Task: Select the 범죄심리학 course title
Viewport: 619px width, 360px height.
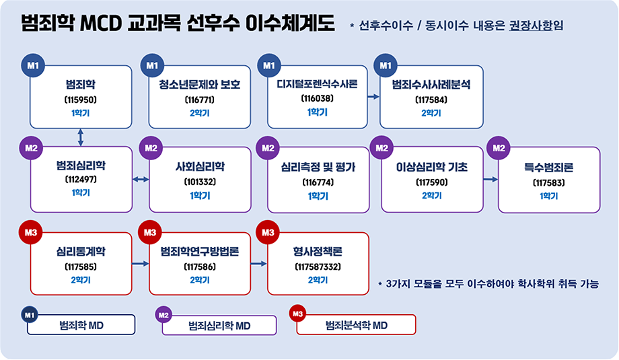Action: coord(81,165)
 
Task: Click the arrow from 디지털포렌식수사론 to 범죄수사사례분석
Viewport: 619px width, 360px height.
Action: coord(373,97)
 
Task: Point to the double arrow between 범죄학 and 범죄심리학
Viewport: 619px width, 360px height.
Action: coord(81,137)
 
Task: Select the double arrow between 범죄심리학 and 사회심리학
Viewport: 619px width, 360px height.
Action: coord(141,180)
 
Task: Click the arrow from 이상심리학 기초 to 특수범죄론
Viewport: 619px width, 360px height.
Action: coord(490,180)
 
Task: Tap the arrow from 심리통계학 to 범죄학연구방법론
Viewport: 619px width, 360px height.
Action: coord(141,263)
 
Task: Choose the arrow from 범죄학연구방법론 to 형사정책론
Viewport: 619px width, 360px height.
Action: coord(258,263)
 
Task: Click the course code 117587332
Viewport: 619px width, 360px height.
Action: coord(318,267)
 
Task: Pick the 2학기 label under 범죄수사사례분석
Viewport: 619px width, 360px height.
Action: coord(431,113)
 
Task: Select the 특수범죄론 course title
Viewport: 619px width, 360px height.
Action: coord(548,166)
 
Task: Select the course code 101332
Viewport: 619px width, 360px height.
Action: coord(200,182)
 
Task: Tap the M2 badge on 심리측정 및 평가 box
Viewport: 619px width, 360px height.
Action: coord(268,148)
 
